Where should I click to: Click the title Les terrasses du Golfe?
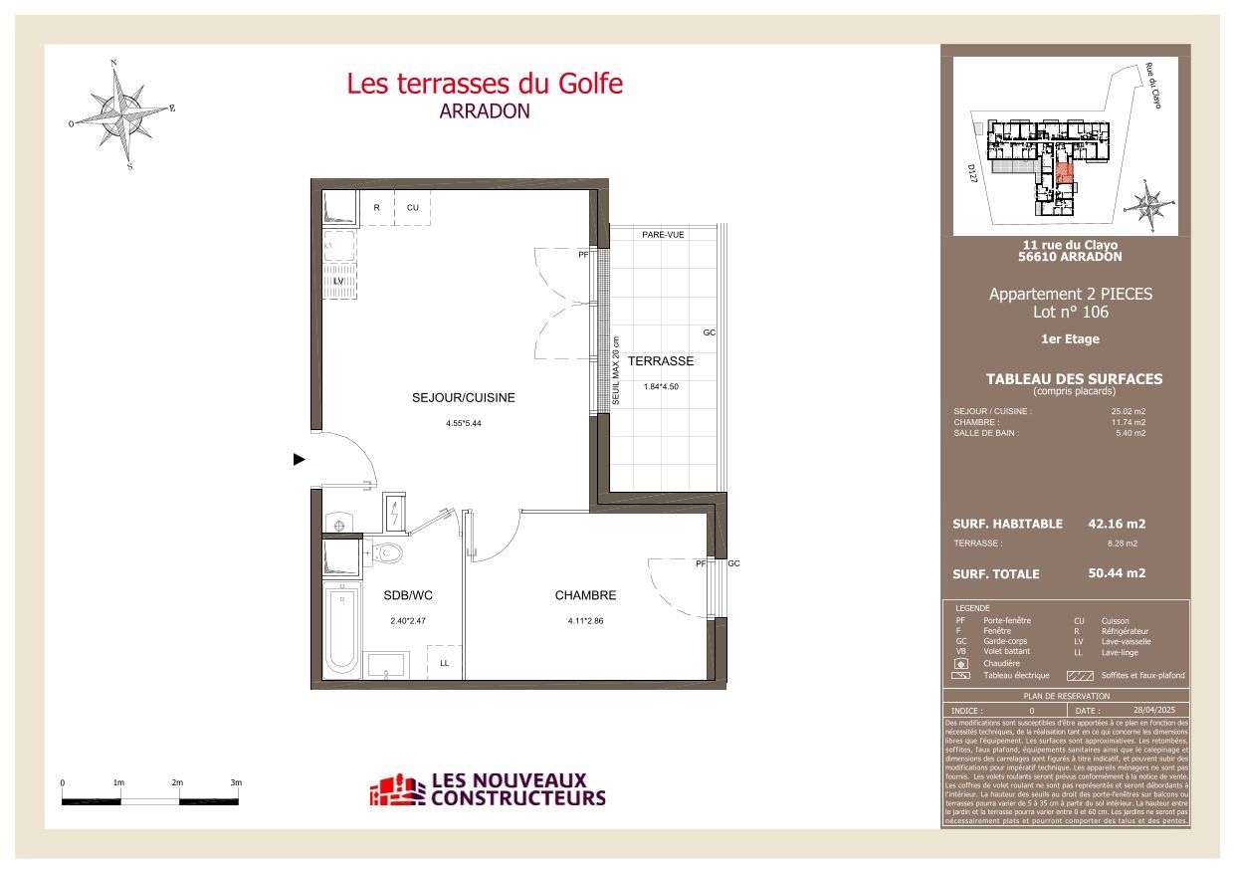[485, 84]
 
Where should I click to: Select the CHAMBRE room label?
[585, 596]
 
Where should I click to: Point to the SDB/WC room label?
[408, 596]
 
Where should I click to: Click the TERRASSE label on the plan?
[661, 361]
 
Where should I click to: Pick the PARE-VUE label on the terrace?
[662, 235]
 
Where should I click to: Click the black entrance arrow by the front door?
[299, 460]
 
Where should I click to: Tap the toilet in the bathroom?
[388, 552]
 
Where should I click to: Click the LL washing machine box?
[445, 662]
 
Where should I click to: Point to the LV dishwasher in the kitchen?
[338, 282]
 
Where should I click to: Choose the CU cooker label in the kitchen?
[412, 208]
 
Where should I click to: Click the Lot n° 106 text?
[1071, 313]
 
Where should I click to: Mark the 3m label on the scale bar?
[236, 783]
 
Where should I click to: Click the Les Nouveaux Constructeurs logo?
[488, 790]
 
